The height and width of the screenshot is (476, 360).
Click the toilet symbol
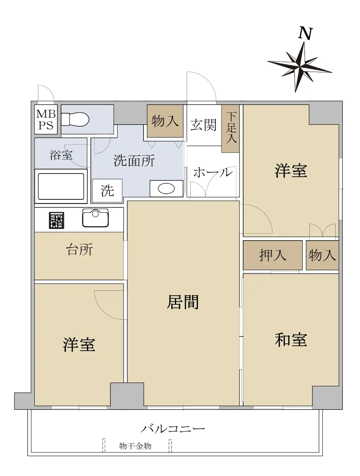75,119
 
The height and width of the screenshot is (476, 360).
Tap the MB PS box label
46,119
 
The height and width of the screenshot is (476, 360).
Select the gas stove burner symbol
57,220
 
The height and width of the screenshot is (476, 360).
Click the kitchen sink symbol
95,218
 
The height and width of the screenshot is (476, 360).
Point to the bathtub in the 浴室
61,186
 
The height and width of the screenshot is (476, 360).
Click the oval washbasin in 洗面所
166,188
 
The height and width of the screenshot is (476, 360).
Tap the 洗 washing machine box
107,190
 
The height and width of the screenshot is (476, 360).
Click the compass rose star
300,66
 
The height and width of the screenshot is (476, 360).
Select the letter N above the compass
305,34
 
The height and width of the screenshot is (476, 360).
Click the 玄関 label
204,125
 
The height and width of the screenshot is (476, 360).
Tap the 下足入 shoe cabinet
230,129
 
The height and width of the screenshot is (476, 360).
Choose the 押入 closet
273,255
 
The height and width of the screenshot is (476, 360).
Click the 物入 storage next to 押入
322,255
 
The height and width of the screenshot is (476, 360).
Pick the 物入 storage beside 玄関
165,121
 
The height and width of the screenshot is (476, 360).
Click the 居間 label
183,302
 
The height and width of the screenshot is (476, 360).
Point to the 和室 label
291,340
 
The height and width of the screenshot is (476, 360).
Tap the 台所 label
80,250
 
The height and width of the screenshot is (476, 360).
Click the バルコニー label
173,429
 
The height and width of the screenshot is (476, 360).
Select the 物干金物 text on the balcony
135,446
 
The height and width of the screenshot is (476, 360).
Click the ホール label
213,172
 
